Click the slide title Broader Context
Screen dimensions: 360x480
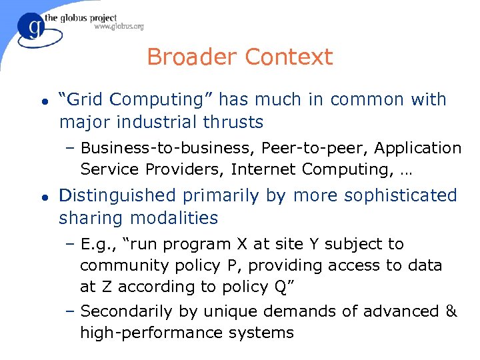click(x=239, y=57)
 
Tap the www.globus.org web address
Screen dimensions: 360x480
click(x=119, y=27)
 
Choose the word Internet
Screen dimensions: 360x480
click(x=263, y=169)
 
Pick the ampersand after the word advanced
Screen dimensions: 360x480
click(x=451, y=311)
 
